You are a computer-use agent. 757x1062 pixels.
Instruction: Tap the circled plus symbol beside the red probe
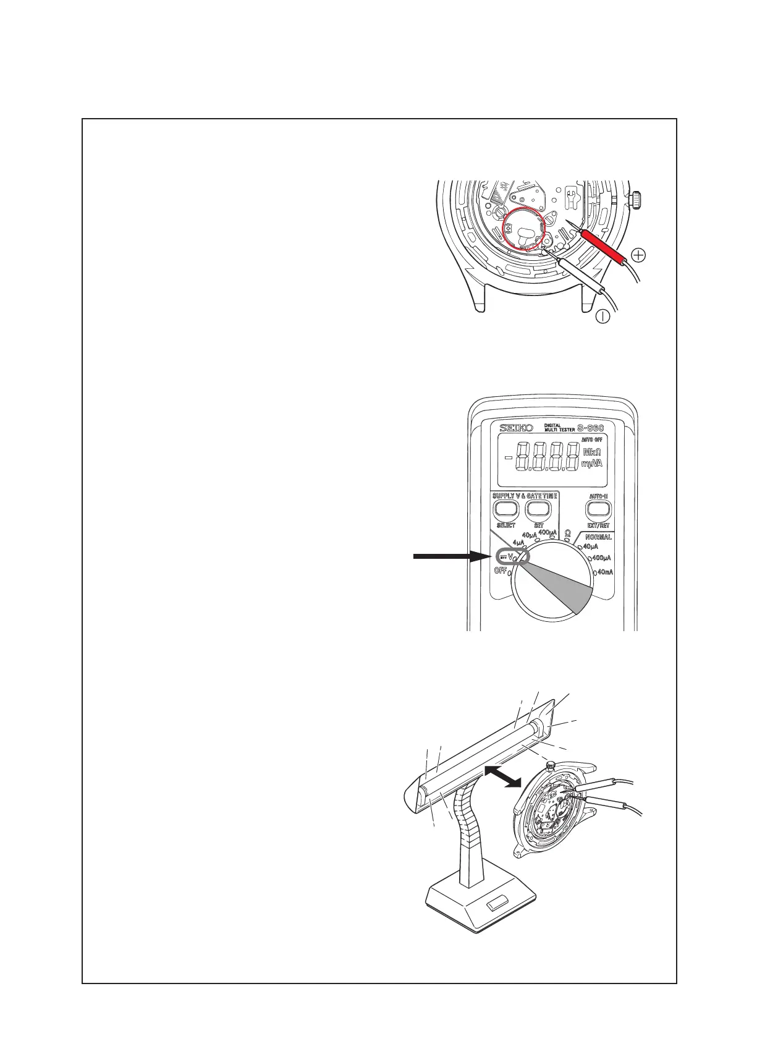point(640,255)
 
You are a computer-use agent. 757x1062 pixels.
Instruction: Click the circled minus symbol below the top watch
point(603,316)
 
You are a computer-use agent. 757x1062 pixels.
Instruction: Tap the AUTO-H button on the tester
point(598,509)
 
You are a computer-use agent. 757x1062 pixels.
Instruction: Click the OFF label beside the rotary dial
point(500,571)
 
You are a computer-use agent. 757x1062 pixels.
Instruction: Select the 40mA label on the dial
point(606,572)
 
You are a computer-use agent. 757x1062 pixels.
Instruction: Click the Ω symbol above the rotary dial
point(567,532)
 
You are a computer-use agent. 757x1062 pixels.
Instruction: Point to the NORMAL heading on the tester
point(598,537)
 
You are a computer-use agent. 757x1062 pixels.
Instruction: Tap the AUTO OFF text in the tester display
point(592,439)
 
